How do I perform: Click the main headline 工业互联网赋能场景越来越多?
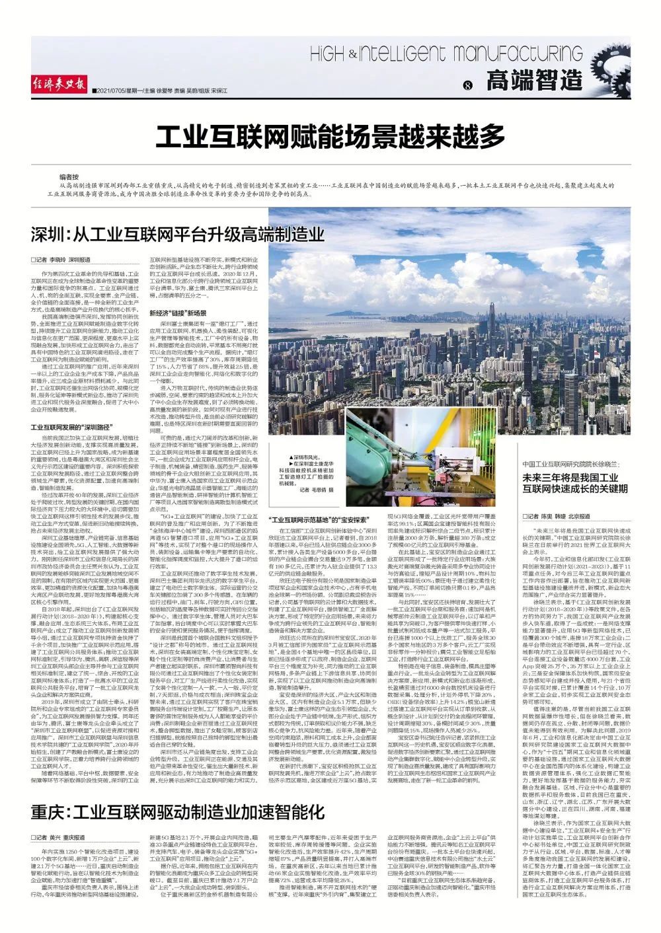tap(330, 137)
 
